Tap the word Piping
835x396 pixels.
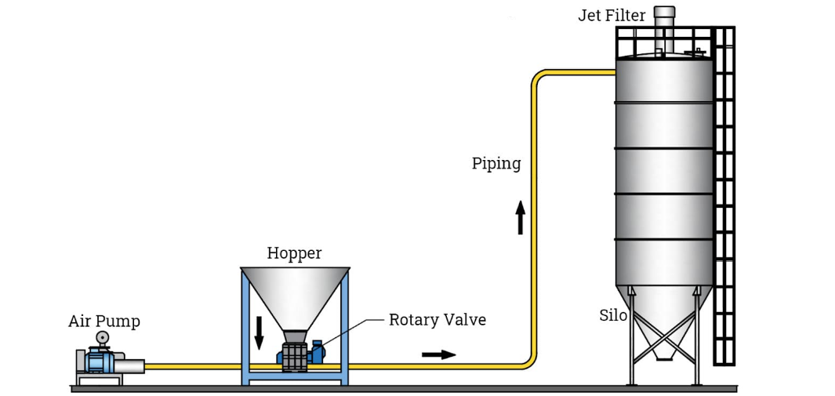click(496, 163)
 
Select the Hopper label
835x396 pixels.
click(294, 252)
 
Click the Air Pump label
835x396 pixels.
click(103, 321)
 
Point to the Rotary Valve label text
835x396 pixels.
click(437, 319)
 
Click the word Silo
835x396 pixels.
click(613, 315)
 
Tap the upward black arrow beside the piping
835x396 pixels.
click(520, 217)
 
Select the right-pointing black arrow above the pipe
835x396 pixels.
click(438, 354)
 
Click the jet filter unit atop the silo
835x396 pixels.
click(664, 24)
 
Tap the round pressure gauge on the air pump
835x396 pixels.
click(102, 337)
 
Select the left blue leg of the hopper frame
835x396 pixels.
click(246, 329)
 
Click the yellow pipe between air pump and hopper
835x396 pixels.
click(192, 366)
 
